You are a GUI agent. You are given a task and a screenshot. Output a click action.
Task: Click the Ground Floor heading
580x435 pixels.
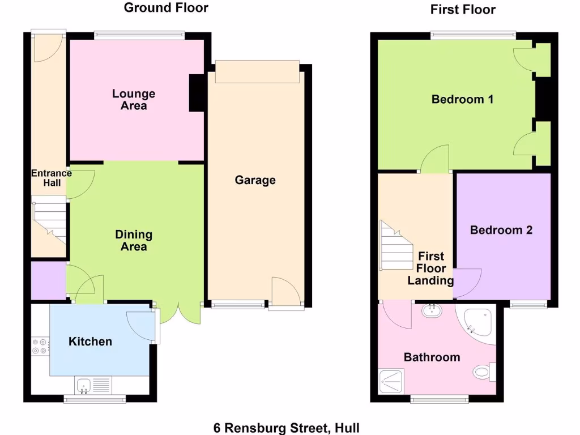click(166, 8)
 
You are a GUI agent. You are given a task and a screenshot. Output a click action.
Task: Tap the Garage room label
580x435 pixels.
click(255, 180)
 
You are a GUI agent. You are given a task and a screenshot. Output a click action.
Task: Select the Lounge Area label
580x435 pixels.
click(134, 100)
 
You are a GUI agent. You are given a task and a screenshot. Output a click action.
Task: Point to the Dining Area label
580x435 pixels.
click(134, 240)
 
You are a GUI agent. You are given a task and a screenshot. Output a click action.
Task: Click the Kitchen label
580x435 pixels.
click(90, 342)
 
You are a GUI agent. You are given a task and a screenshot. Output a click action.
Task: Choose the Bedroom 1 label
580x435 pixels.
click(462, 100)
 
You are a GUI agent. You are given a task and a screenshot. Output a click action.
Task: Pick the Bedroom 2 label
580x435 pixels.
click(501, 230)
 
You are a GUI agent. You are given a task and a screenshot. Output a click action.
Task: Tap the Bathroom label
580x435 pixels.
click(432, 357)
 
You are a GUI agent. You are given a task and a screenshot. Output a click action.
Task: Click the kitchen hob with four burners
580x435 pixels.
click(40, 346)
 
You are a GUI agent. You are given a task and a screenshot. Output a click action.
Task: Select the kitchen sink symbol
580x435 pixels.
click(84, 386)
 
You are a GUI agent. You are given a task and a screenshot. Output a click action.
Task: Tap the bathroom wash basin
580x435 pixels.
click(433, 310)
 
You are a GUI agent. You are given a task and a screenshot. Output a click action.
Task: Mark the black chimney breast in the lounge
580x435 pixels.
click(197, 93)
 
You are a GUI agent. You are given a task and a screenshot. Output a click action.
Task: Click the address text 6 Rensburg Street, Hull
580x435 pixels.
click(286, 428)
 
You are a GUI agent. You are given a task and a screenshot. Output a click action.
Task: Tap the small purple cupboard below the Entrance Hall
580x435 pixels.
click(48, 280)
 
